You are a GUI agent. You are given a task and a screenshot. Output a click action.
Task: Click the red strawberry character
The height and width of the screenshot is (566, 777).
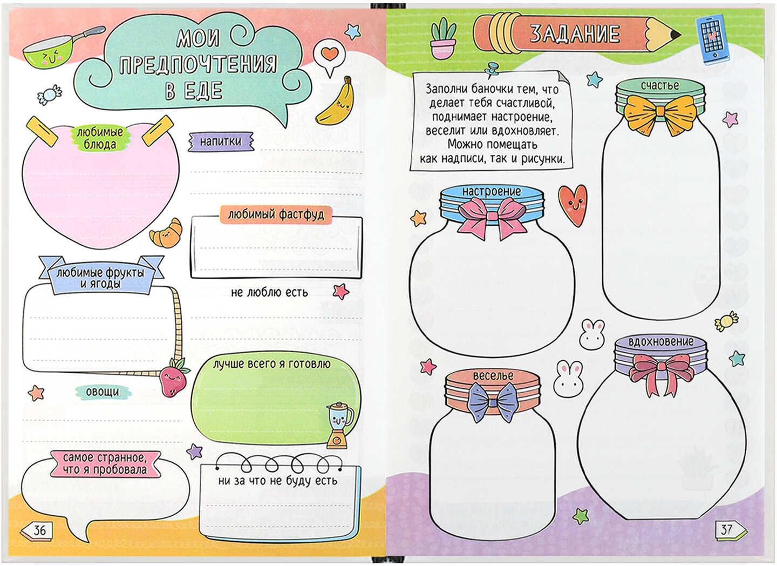coord(173,377)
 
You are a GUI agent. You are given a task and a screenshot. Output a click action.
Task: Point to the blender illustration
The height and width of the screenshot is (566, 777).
coord(338,425)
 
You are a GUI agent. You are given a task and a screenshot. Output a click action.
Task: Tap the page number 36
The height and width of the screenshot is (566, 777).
coord(39,530)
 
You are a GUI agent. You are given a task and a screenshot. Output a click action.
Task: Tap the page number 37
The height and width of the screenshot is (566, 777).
coord(727,529)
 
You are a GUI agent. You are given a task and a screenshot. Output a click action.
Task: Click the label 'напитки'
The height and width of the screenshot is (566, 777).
coord(221,141)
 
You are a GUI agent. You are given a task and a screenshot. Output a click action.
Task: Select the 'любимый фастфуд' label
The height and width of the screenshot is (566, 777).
coord(276,214)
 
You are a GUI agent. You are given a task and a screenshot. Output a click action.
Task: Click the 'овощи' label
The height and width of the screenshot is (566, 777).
coord(103,392)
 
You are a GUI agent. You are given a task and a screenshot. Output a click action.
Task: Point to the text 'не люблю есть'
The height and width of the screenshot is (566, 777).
coord(270,292)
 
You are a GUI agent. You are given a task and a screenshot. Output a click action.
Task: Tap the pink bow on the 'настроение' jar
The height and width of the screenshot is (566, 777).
coord(493,218)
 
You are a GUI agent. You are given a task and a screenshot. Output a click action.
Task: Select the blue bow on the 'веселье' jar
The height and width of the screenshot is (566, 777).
coord(493,402)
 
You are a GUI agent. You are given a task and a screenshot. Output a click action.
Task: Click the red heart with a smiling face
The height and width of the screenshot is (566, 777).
coord(572,205)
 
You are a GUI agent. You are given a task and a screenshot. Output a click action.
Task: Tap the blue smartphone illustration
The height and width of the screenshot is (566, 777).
coord(712,39)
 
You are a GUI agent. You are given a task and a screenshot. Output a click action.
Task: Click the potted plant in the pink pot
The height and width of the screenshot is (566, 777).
coord(444,38)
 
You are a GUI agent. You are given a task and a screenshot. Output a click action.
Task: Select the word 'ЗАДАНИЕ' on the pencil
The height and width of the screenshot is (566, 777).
coord(575,34)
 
